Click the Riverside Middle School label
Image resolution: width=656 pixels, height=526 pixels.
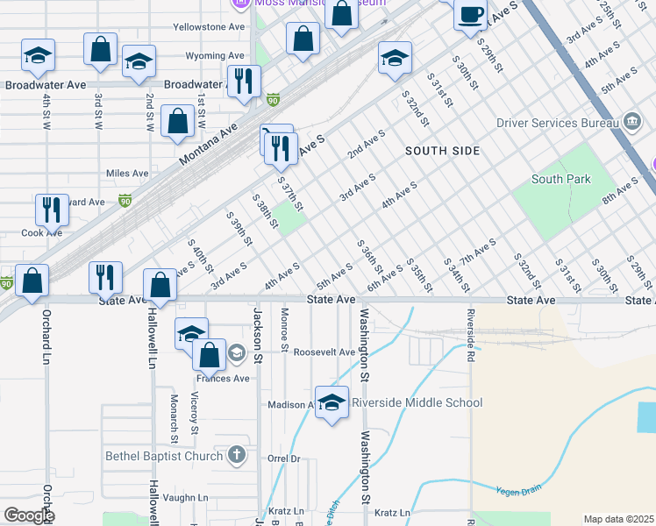[x=417, y=403]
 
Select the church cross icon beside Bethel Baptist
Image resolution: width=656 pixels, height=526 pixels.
[x=236, y=454]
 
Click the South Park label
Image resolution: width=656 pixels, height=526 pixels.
[x=561, y=180]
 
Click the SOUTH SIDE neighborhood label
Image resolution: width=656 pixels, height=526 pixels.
[x=443, y=151]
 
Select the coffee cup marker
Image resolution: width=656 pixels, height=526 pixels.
[x=471, y=14]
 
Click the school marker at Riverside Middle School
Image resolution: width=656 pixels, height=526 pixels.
[x=332, y=402]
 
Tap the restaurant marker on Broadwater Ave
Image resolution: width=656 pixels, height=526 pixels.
[x=243, y=82]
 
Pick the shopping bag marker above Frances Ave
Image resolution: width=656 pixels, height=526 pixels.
[x=209, y=355]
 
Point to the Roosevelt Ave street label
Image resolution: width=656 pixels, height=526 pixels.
[x=324, y=352]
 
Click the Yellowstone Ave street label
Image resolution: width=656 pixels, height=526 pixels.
[x=209, y=27]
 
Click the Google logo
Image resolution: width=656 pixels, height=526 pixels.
[x=29, y=515]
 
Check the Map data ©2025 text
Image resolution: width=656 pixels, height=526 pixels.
[x=618, y=519]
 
